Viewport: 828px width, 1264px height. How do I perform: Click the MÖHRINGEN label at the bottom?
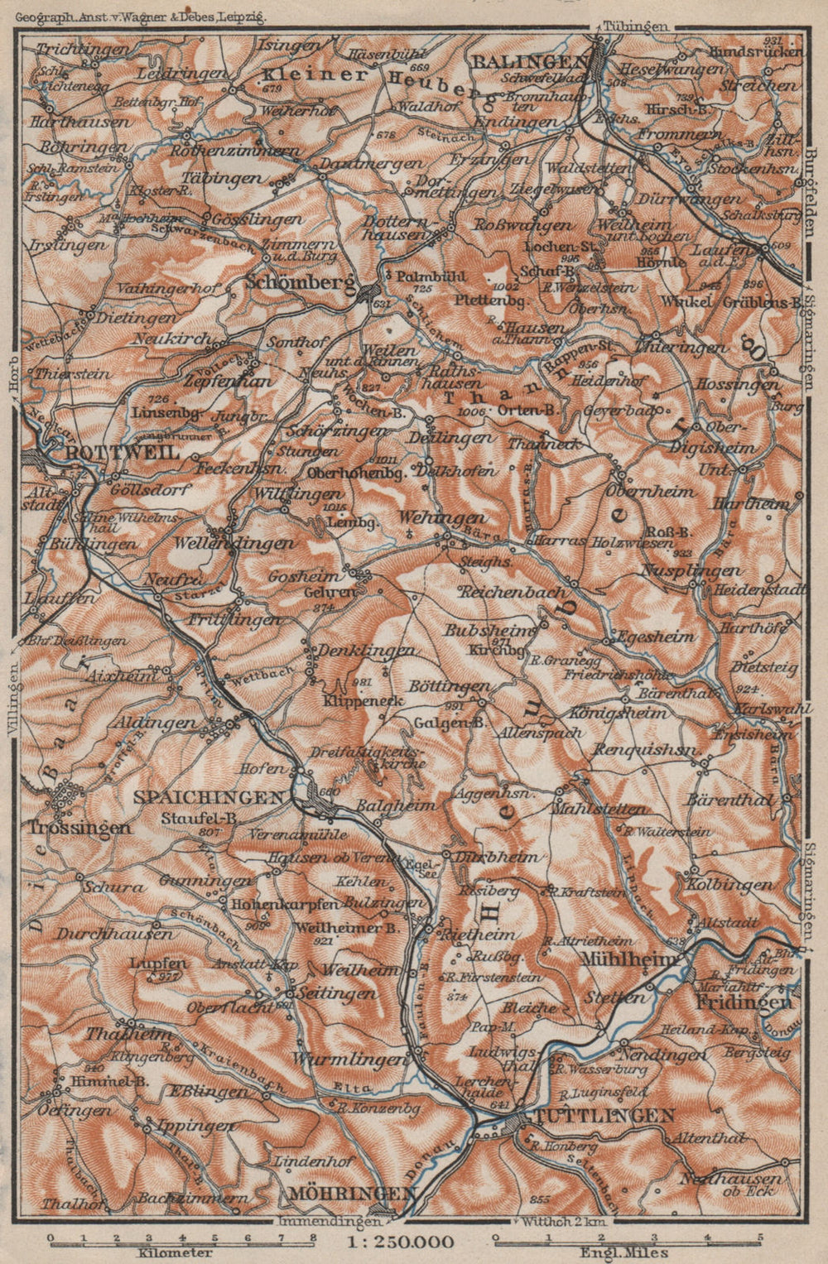(x=352, y=1193)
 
